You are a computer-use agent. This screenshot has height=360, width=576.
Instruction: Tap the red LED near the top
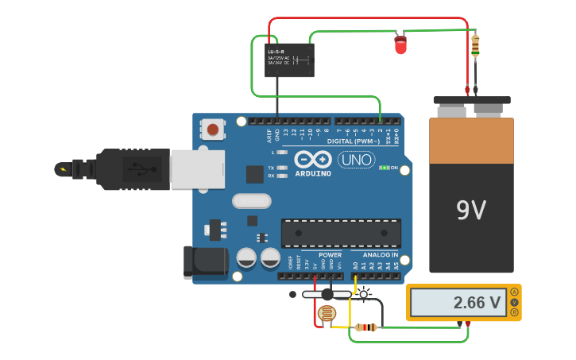[400, 45]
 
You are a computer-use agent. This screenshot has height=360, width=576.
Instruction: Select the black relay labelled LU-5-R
[289, 60]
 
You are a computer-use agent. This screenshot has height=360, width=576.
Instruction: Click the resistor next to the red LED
[475, 46]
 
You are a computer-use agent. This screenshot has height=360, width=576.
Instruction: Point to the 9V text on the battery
[471, 210]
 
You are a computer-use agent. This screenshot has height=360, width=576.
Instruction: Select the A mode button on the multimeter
[514, 292]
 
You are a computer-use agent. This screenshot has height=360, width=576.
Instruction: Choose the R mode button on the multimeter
[514, 312]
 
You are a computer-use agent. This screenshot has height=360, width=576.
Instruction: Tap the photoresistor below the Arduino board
[327, 314]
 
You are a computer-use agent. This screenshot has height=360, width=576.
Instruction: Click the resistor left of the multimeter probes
[365, 327]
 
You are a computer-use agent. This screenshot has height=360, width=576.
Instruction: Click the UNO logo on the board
[356, 160]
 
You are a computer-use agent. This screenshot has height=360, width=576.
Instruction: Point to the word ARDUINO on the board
[313, 173]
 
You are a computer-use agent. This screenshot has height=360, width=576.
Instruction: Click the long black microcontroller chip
[341, 234]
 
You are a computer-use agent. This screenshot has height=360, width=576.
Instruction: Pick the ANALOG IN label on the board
[381, 255]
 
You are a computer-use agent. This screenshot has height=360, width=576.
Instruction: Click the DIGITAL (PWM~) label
[364, 141]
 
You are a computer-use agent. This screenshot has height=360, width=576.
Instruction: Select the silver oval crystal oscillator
[252, 201]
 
